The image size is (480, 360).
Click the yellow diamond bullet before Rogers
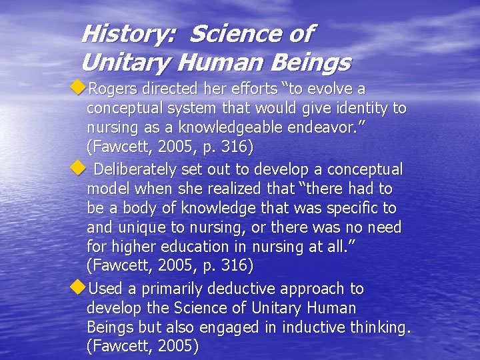click(79, 87)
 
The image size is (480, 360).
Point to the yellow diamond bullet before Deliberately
click(79, 168)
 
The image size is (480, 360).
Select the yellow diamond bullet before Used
click(79, 287)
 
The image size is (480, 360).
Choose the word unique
click(141, 228)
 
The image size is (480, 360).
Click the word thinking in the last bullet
click(380, 328)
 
